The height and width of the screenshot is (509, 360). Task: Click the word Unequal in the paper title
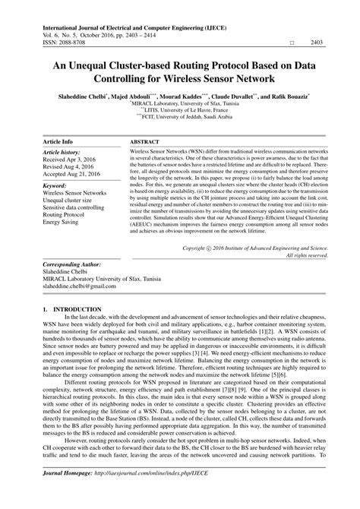click(96, 66)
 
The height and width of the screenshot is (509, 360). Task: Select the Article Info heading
click(58, 142)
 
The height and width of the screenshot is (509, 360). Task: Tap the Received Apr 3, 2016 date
click(73, 160)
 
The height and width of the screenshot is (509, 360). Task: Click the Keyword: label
click(59, 185)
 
